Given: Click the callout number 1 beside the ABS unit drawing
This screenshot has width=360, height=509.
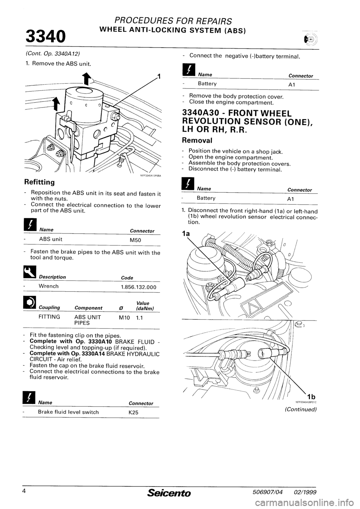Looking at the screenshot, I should tap(159, 77).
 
